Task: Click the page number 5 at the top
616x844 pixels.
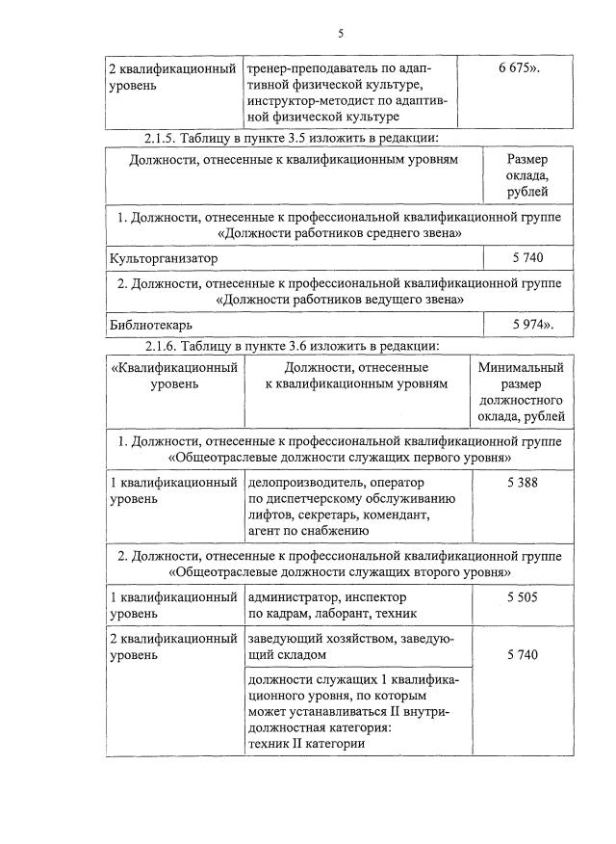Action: [x=341, y=34]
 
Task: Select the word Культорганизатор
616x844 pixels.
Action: [x=165, y=258]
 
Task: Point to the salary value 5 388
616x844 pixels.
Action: [x=521, y=482]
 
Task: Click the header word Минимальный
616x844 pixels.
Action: [x=521, y=367]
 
